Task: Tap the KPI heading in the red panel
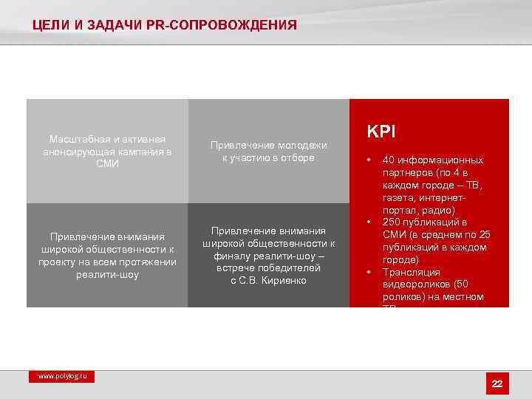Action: coord(381,132)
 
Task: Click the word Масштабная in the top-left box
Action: coord(75,140)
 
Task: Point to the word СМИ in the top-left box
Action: coord(107,163)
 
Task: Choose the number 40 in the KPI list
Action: coord(388,160)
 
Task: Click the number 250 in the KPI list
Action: coord(391,222)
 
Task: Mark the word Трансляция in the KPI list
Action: coord(411,273)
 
